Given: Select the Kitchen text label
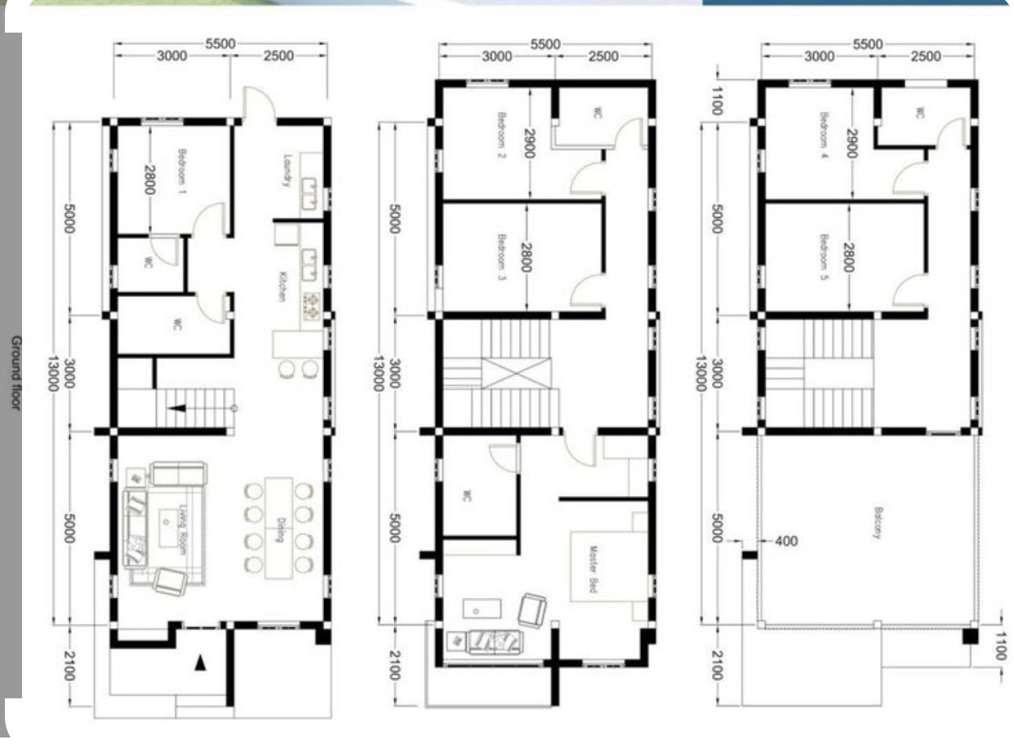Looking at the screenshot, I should [x=282, y=286].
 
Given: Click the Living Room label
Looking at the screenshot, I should [x=183, y=530].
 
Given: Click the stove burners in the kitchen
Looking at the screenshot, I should [x=311, y=305].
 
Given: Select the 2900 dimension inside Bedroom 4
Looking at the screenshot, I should [x=852, y=143].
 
